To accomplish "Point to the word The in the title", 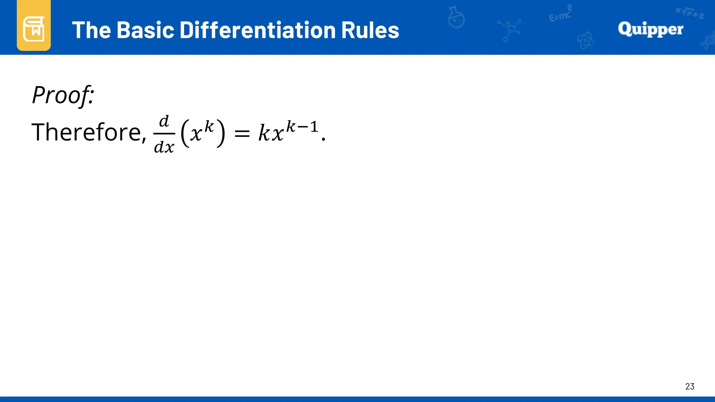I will pyautogui.click(x=92, y=30).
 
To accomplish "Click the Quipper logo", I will pyautogui.click(x=650, y=29).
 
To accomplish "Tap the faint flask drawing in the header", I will pyautogui.click(x=456, y=17).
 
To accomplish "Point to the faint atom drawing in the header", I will pyautogui.click(x=585, y=40).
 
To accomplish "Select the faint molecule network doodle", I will pyautogui.click(x=510, y=30).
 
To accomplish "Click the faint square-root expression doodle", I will pyautogui.click(x=690, y=13).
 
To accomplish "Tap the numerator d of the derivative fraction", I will pyautogui.click(x=164, y=121).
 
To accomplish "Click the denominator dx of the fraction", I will pyautogui.click(x=164, y=147).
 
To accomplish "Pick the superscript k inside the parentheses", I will pyautogui.click(x=209, y=126).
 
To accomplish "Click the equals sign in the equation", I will pyautogui.click(x=242, y=133).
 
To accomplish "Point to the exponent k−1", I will pyautogui.click(x=302, y=127).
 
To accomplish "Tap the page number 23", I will pyautogui.click(x=690, y=386).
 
